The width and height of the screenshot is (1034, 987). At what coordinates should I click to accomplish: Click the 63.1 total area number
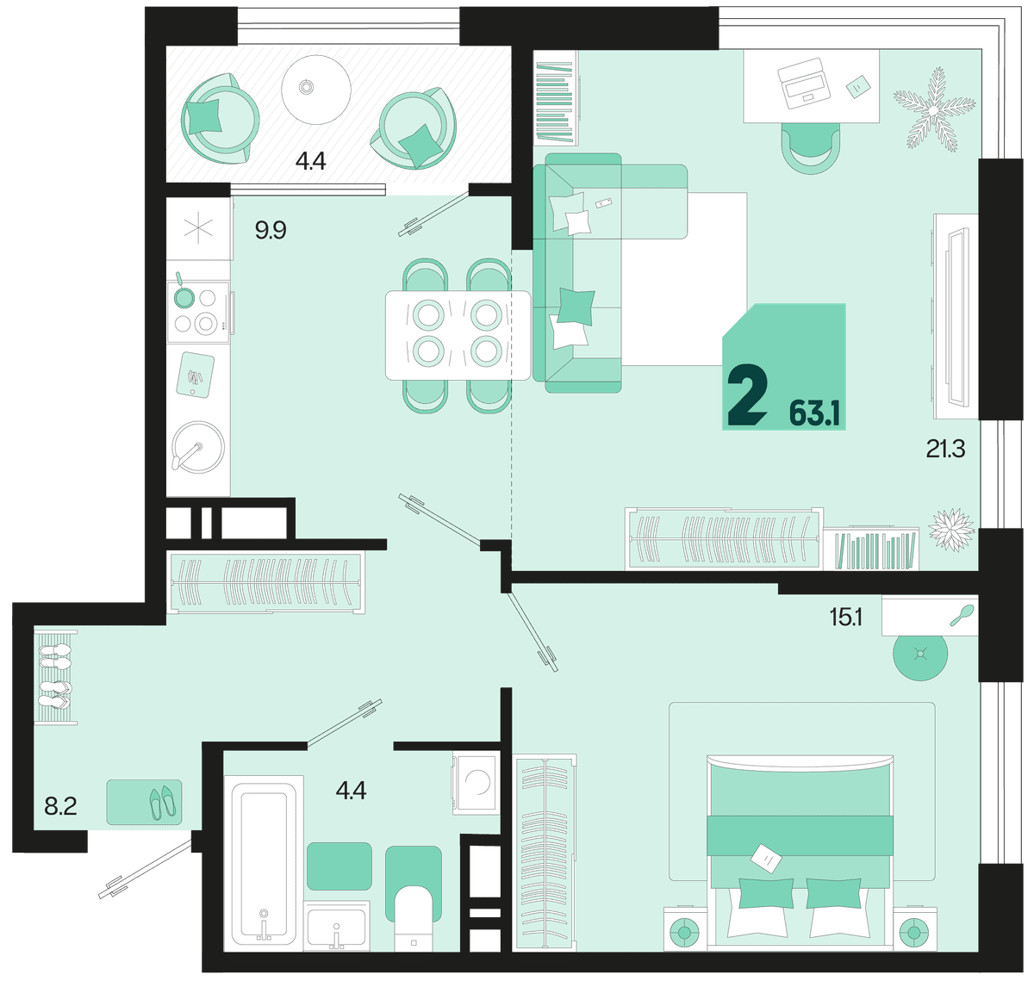point(814,413)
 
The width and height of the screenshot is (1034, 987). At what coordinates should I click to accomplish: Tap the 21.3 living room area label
point(945,450)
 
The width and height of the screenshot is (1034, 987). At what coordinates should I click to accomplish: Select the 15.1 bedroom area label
point(846,618)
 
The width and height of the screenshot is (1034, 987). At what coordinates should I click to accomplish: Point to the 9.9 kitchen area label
point(271,231)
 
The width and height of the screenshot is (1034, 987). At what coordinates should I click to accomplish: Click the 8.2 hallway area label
point(60,806)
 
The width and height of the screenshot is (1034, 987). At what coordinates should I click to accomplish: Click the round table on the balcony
point(316,88)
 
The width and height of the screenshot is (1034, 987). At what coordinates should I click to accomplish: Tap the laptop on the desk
point(803,83)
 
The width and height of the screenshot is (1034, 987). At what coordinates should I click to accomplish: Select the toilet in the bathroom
point(414,918)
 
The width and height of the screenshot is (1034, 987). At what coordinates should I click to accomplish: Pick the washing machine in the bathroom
point(477,783)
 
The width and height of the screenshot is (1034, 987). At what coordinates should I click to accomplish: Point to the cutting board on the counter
point(195,375)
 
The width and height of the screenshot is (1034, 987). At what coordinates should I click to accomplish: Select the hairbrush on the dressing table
point(962,615)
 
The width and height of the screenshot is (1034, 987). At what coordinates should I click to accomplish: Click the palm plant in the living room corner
point(934,110)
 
